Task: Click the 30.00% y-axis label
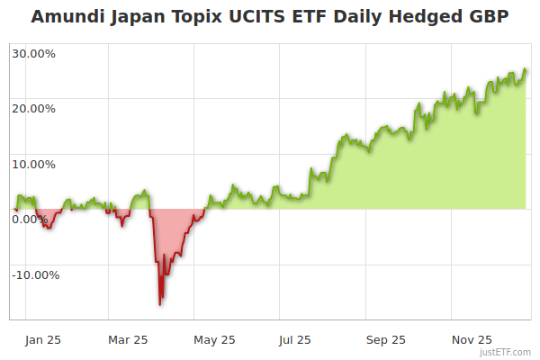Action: pyautogui.click(x=34, y=53)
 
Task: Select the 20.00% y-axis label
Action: pyautogui.click(x=34, y=109)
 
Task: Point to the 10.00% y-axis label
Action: pyautogui.click(x=34, y=165)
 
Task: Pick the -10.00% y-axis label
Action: pyautogui.click(x=36, y=275)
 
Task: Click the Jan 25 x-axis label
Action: pyautogui.click(x=42, y=340)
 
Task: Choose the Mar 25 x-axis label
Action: pyautogui.click(x=127, y=340)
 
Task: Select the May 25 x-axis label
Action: pyautogui.click(x=214, y=340)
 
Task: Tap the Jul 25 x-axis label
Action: pyautogui.click(x=295, y=340)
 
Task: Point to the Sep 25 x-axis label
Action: pyautogui.click(x=385, y=340)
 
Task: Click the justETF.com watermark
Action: pyautogui.click(x=506, y=352)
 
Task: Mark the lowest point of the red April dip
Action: pyautogui.click(x=160, y=304)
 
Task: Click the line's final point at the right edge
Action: pyautogui.click(x=526, y=70)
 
